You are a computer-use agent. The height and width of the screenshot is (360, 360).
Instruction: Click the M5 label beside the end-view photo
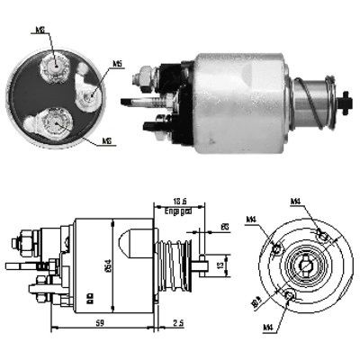(x=118, y=64)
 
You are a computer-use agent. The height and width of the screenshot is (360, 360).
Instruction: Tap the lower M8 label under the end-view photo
(x=107, y=142)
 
